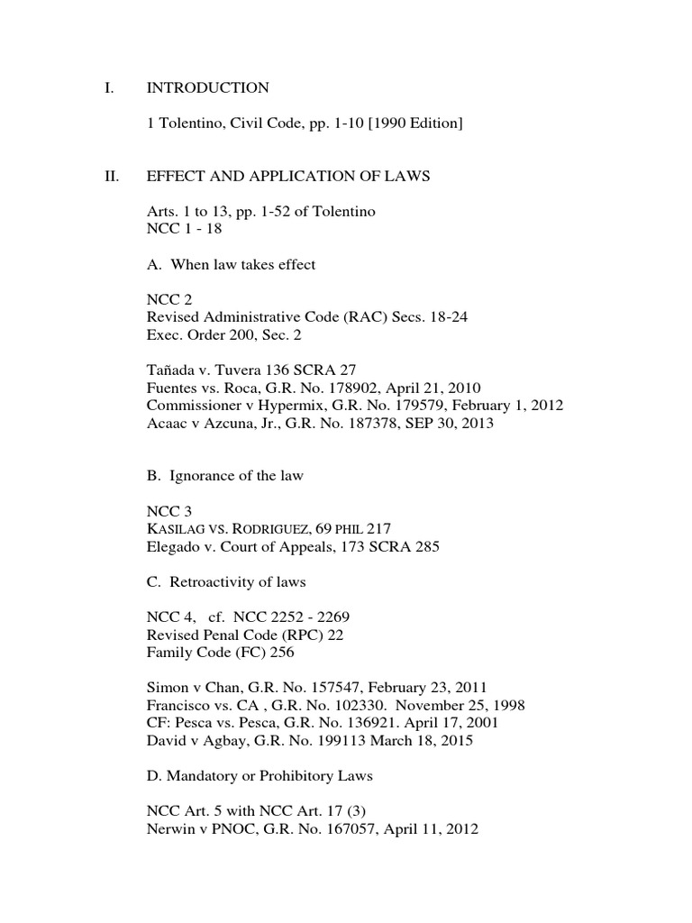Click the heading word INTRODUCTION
pos(207,88)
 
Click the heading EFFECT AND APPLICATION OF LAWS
pos(288,177)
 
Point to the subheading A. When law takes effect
pos(231,265)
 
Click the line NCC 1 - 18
pos(184,229)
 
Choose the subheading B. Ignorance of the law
pos(224,476)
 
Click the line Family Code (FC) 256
pos(220,653)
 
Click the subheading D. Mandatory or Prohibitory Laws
pos(259,776)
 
